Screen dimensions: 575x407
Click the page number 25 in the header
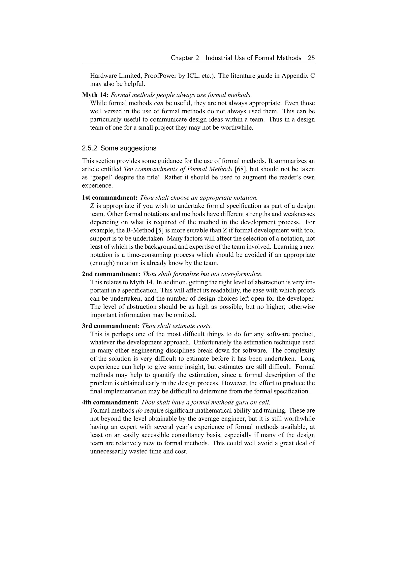click(x=311, y=58)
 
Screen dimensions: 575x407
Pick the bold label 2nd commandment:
click(x=111, y=274)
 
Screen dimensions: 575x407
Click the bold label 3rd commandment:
click(x=110, y=326)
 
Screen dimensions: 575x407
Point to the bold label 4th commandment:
click(x=110, y=402)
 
